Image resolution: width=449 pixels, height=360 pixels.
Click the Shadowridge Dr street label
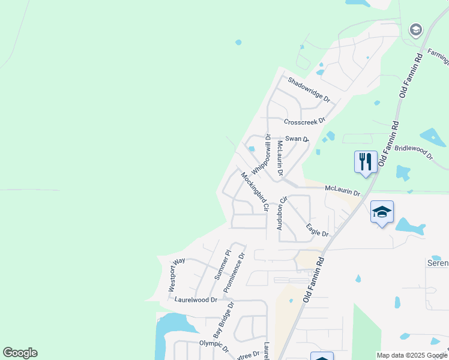coord(309,89)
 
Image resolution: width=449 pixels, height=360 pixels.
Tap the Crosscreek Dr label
coord(304,121)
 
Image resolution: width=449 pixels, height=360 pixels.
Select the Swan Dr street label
coord(297,139)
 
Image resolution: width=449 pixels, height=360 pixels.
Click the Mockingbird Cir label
coord(255,192)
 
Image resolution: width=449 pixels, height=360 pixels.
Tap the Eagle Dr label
coord(317,230)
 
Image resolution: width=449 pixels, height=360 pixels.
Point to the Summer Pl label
coord(221,265)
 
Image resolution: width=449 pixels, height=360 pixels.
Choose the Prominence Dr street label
coord(235,272)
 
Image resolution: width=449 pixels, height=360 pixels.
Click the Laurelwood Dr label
coord(195,299)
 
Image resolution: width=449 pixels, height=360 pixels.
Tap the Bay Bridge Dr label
coord(224,320)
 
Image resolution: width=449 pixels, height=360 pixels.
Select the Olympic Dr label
coord(214,346)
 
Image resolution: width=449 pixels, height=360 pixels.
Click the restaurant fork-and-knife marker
coord(366,161)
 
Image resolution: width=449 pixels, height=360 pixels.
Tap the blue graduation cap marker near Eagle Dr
coord(382,211)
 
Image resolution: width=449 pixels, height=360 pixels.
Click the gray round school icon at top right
coord(415,29)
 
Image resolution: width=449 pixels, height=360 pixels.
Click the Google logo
coord(20,353)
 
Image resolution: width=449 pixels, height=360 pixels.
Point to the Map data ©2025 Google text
coord(412,355)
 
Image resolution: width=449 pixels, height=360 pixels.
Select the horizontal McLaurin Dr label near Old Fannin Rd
coord(342,190)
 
